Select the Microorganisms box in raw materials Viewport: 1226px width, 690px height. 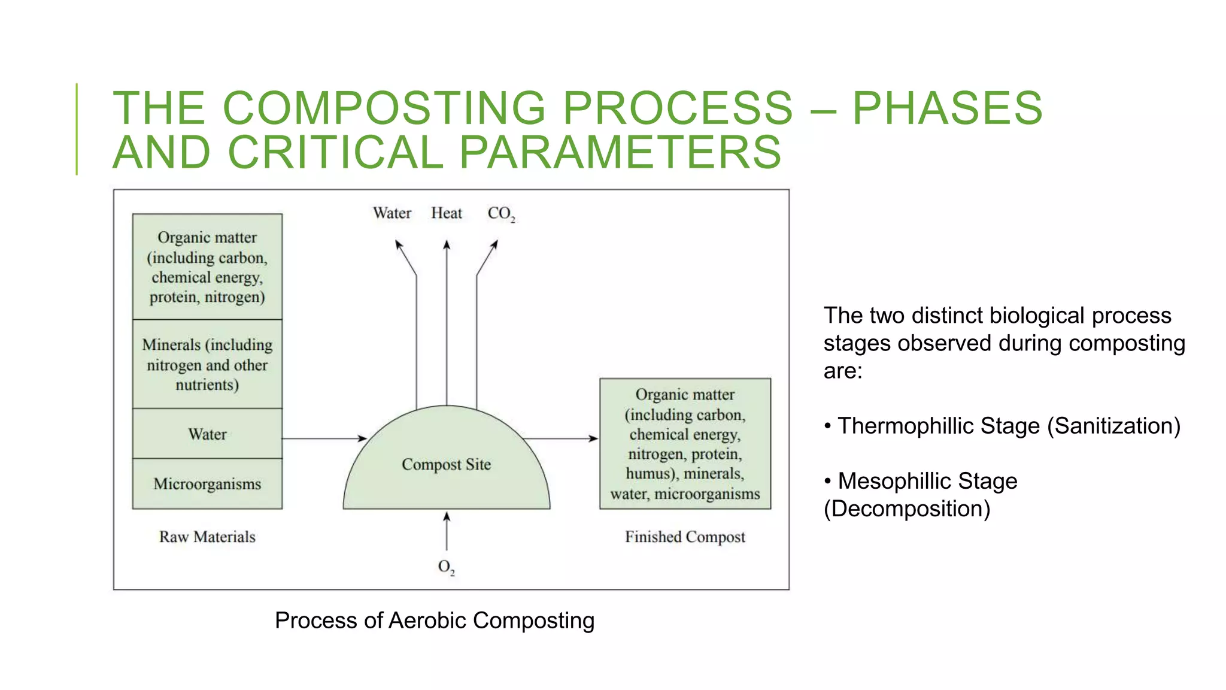click(x=207, y=484)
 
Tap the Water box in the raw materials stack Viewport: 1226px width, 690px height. click(x=207, y=434)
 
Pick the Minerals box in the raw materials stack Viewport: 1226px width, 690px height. click(x=207, y=364)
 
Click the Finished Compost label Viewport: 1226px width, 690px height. click(x=685, y=537)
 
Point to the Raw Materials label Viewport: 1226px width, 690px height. click(x=207, y=537)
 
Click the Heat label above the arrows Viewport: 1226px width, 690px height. click(x=447, y=213)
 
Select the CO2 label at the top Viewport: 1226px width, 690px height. click(x=500, y=214)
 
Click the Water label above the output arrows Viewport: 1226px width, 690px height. click(x=392, y=213)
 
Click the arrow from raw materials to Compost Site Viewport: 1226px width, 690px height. click(x=323, y=438)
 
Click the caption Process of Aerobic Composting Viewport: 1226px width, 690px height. click(x=435, y=621)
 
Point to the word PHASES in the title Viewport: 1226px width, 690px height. click(x=947, y=108)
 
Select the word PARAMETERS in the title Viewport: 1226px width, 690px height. click(x=620, y=152)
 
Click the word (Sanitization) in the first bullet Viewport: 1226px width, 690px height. click(x=1114, y=426)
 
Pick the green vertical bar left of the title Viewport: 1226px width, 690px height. click(x=77, y=129)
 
